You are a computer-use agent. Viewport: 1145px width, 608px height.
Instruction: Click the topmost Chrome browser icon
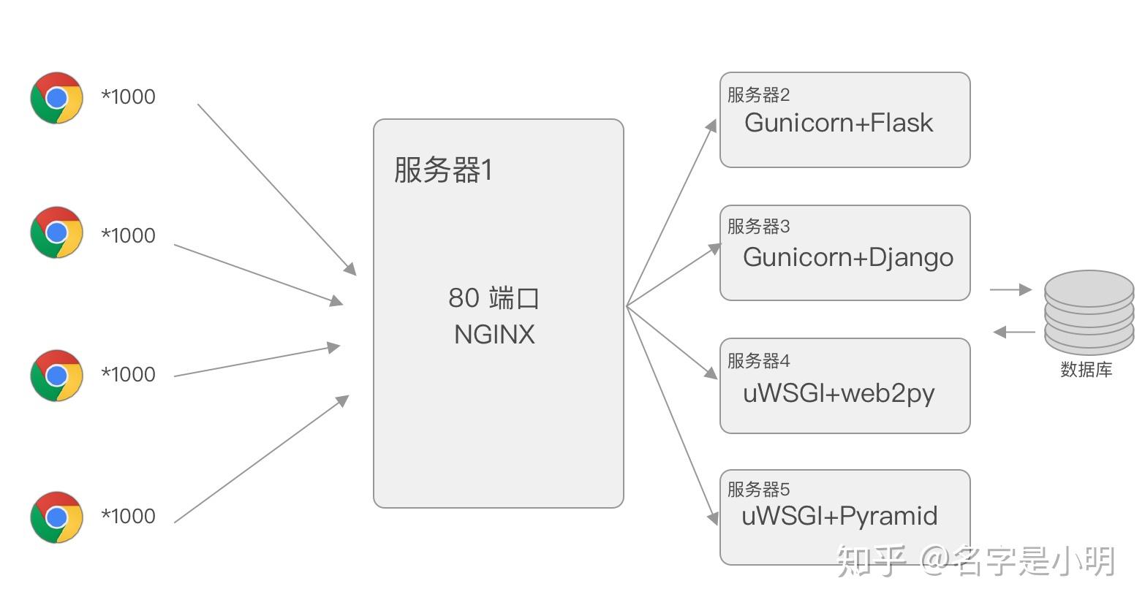pos(56,97)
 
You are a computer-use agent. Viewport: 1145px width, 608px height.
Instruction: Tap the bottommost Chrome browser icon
pos(56,517)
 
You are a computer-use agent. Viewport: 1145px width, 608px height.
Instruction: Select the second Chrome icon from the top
pos(56,232)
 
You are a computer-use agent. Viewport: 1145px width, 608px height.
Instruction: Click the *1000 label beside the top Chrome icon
pos(128,96)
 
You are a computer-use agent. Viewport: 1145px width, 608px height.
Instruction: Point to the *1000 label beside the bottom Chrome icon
pos(128,516)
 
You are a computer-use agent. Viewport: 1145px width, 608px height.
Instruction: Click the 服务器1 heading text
pos(443,170)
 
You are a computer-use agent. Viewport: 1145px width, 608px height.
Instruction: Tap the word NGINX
pos(494,335)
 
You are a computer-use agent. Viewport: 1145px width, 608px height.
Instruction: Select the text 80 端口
pos(494,297)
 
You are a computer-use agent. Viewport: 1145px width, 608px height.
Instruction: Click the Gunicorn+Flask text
pos(839,123)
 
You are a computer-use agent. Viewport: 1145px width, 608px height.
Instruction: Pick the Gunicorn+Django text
pos(848,257)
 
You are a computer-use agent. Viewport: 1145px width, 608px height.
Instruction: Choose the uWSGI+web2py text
pos(839,393)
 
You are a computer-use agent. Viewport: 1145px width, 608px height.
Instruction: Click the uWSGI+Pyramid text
pos(839,516)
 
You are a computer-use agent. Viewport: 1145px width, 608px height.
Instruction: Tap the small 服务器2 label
pos(758,94)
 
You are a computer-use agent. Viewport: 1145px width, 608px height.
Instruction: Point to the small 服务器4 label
pos(758,360)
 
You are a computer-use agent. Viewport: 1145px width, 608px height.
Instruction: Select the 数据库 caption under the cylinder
pos(1086,370)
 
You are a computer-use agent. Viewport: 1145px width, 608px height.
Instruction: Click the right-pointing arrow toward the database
pos(1010,290)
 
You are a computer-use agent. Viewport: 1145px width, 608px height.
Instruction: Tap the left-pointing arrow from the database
pos(1014,332)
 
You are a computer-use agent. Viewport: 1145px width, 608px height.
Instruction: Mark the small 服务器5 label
pos(758,489)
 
